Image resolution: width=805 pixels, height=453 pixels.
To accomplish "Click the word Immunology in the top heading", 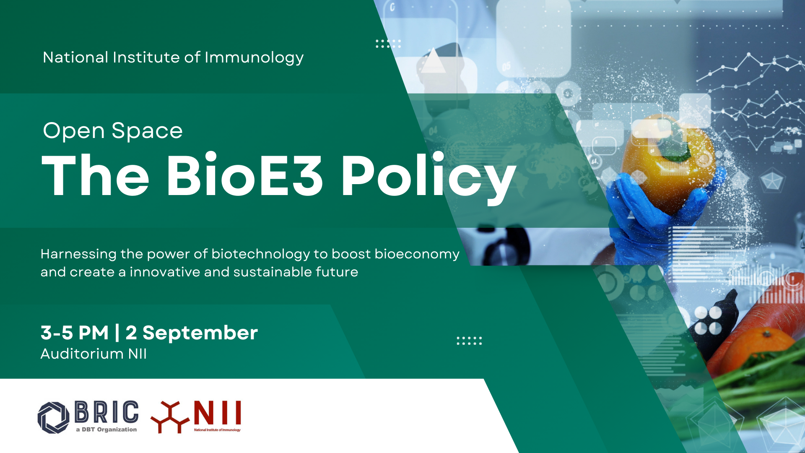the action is pos(254,58).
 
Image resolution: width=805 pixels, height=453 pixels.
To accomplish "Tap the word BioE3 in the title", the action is pos(245,175).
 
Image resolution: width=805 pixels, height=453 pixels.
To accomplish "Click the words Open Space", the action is pos(113,130).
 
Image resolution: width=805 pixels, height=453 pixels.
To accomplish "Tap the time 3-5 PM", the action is pos(75,333).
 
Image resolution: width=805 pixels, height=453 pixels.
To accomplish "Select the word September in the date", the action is pos(200,333).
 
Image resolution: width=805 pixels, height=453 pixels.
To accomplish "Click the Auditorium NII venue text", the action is pos(93,354).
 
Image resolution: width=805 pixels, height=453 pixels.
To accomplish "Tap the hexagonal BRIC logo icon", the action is pos(53,417).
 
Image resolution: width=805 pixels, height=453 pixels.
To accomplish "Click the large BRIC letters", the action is pos(106,412).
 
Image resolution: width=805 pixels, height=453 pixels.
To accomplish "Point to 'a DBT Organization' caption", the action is pos(106,430).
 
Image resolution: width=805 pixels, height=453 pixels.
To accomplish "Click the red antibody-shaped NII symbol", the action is pos(170,417).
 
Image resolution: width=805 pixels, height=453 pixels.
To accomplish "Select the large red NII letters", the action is pos(217,413).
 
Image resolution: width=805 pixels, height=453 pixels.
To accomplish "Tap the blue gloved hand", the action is pos(654,210).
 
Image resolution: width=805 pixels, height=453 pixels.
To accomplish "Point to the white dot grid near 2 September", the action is pos(469,341).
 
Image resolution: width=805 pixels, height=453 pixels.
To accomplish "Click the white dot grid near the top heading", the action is pos(388,44).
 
